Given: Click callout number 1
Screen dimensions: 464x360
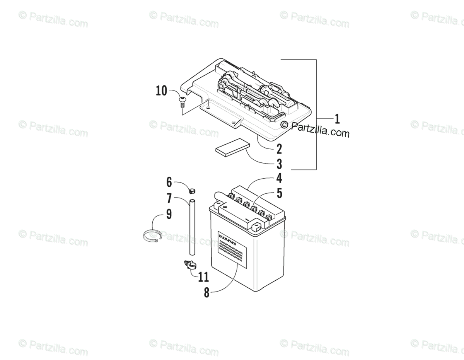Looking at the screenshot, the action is [337, 119].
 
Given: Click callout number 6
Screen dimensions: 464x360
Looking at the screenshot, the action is [169, 182].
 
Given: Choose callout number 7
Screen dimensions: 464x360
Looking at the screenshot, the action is [169, 198].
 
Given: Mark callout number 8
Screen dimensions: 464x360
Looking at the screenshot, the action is [207, 293].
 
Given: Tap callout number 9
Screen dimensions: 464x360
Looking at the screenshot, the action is [169, 214].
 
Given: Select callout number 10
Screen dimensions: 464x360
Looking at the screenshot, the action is [162, 91].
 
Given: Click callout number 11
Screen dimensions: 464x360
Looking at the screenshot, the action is [203, 277].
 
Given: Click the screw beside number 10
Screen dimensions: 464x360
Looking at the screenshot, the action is [182, 102].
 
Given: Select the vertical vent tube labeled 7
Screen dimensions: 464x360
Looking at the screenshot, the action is [192, 228].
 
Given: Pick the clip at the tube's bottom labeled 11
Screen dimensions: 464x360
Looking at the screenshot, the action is [189, 265].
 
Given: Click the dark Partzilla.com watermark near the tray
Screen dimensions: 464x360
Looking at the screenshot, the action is [315, 129].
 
